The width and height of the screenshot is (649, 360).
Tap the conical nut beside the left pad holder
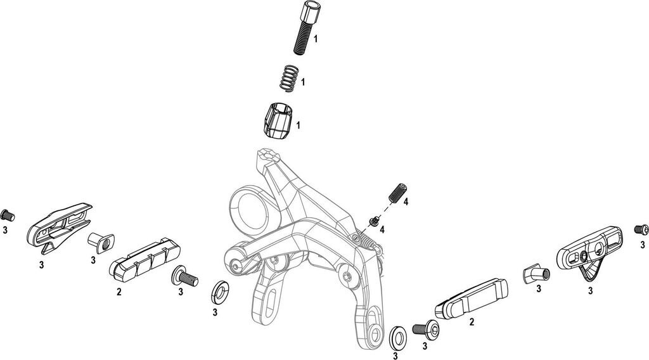pyautogui.click(x=100, y=242)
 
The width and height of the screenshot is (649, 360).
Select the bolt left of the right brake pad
pyautogui.click(x=427, y=328)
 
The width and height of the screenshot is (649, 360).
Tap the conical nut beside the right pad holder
pyautogui.click(x=536, y=274)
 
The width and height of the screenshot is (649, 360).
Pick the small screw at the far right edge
pyautogui.click(x=641, y=229)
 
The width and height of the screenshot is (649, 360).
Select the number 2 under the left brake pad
pyautogui.click(x=119, y=292)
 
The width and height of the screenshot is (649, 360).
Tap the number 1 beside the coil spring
pyautogui.click(x=304, y=82)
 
